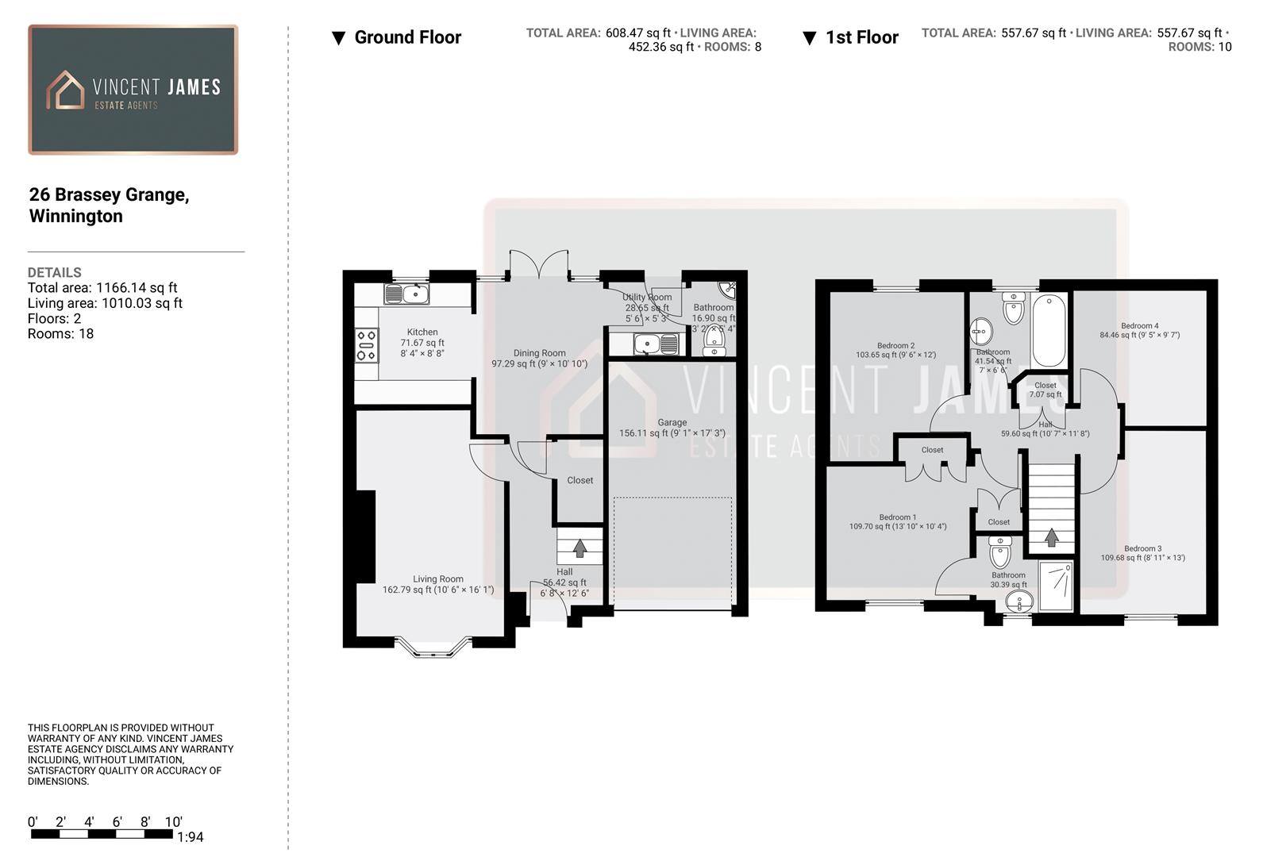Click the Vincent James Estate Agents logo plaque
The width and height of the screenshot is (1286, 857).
point(133,90)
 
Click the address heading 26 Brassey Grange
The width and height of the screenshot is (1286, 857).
point(109,195)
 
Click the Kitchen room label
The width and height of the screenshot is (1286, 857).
point(422,332)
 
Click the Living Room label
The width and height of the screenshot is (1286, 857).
point(437,579)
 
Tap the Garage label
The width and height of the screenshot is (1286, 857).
point(672,423)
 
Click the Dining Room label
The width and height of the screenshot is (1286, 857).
point(539,353)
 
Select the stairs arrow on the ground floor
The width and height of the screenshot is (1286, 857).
point(579,548)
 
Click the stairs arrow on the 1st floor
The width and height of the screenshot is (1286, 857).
point(1051,537)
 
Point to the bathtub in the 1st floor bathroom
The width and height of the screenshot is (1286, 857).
point(1050,330)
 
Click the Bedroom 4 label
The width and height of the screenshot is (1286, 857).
point(1139,326)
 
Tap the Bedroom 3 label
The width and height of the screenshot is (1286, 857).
point(1142,548)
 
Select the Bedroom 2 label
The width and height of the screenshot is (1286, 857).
point(895,346)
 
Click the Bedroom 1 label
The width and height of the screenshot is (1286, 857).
point(897,517)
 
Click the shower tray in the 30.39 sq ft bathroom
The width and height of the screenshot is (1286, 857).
point(1056,586)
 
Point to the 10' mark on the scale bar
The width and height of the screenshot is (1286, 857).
point(173,823)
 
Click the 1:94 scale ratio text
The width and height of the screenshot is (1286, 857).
point(191,837)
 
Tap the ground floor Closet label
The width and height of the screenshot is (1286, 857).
point(579,480)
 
